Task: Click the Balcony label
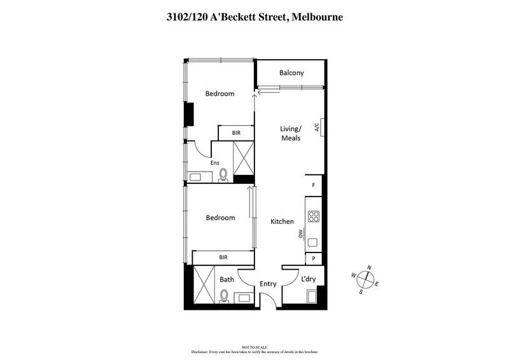click(x=291, y=73)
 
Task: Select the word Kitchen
click(x=282, y=222)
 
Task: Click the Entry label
click(x=268, y=284)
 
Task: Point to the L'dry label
click(x=308, y=280)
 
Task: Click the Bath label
click(x=227, y=280)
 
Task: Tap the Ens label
click(x=215, y=163)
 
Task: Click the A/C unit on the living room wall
click(x=323, y=127)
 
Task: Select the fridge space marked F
click(x=314, y=185)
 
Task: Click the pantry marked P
click(x=314, y=259)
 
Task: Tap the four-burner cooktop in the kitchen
click(x=314, y=217)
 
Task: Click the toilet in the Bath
click(x=223, y=296)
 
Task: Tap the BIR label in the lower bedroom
click(x=223, y=258)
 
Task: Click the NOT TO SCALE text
click(x=254, y=348)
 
